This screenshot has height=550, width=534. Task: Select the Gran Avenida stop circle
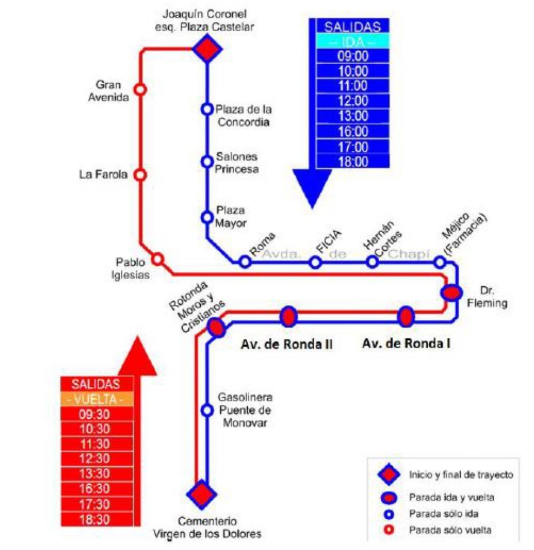click(140, 89)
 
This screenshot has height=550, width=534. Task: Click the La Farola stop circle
click(140, 175)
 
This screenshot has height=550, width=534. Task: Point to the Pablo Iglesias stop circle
click(158, 259)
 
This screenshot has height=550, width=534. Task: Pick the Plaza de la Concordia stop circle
click(207, 109)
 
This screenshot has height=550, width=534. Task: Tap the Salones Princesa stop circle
click(207, 161)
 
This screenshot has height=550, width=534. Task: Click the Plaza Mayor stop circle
click(207, 217)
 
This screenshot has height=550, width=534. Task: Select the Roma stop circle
click(244, 261)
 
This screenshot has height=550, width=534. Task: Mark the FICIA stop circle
click(316, 262)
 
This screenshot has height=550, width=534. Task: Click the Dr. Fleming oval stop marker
click(451, 292)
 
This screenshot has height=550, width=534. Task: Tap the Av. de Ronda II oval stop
click(289, 317)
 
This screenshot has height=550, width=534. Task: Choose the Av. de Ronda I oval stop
click(405, 317)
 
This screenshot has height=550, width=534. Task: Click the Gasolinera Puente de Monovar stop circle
click(207, 410)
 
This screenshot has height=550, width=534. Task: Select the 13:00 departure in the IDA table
click(353, 116)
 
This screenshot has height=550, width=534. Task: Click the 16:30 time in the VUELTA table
click(97, 489)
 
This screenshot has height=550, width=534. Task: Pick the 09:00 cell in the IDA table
click(353, 56)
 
